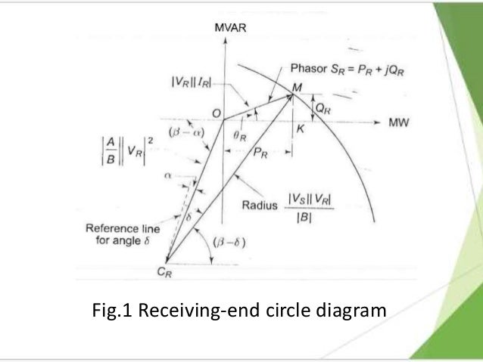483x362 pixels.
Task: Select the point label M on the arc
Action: [x=297, y=88]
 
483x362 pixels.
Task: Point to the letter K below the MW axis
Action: [x=301, y=129]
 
